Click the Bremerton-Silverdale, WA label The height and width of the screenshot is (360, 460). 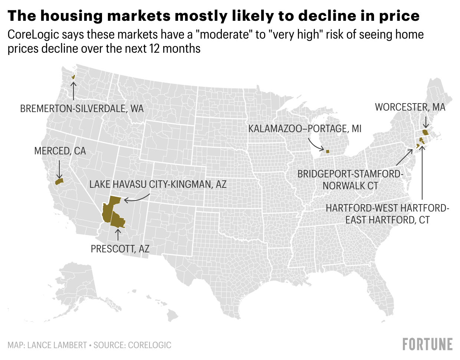coord(82,109)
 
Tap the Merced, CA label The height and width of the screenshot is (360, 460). coord(60,151)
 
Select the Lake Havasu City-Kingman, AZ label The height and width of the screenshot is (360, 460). coord(158,184)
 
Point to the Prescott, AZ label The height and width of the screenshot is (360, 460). coord(120,249)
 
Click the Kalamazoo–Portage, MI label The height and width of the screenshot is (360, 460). coord(305,129)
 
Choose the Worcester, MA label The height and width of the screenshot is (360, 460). coord(410,107)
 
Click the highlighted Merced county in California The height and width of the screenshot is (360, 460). coord(59,181)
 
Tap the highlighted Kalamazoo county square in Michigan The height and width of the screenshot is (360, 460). coord(328,151)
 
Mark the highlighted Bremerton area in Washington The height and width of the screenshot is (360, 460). coord(73,77)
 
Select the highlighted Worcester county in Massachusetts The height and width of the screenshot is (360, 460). coord(425,132)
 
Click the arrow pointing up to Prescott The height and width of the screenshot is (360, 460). coord(118,235)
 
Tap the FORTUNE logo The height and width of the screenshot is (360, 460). coord(427,344)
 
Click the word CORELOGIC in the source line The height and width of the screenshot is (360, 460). coord(149,345)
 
